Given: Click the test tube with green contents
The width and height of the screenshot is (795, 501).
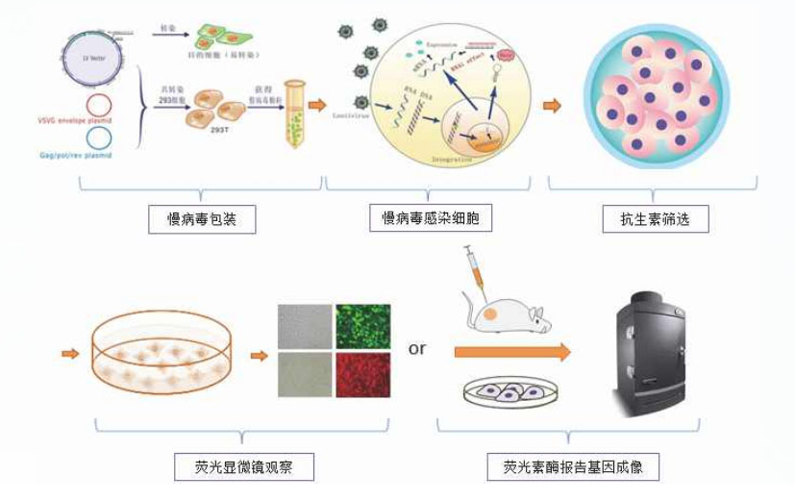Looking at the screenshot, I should tap(295, 125).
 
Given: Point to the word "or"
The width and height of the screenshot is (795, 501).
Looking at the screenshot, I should tap(417, 348).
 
